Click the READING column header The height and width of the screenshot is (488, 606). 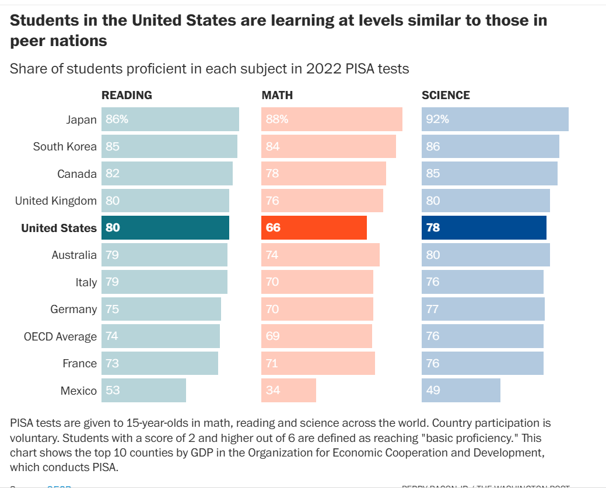(x=127, y=95)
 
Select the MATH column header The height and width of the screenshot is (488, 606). (x=277, y=95)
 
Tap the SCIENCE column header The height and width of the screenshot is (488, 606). (x=446, y=95)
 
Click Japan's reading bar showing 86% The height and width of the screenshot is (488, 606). (x=170, y=119)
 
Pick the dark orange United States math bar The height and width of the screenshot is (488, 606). (x=314, y=227)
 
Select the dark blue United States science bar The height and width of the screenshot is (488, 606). (x=484, y=227)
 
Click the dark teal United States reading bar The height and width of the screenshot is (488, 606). (x=165, y=227)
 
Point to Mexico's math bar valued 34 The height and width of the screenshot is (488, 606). (x=288, y=390)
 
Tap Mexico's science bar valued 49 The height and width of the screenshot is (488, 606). (x=461, y=390)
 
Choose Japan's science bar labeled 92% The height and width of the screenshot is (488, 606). (x=495, y=119)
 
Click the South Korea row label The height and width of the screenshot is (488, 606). (x=65, y=146)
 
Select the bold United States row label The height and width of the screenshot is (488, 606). (x=59, y=228)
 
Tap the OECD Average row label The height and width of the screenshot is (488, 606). (x=60, y=336)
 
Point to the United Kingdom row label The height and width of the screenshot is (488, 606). (x=56, y=201)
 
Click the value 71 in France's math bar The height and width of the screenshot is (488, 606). (x=272, y=363)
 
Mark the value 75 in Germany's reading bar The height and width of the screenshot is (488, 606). (x=112, y=309)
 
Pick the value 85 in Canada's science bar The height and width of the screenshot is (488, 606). (x=433, y=173)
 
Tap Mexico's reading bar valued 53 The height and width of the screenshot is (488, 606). (x=143, y=390)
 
